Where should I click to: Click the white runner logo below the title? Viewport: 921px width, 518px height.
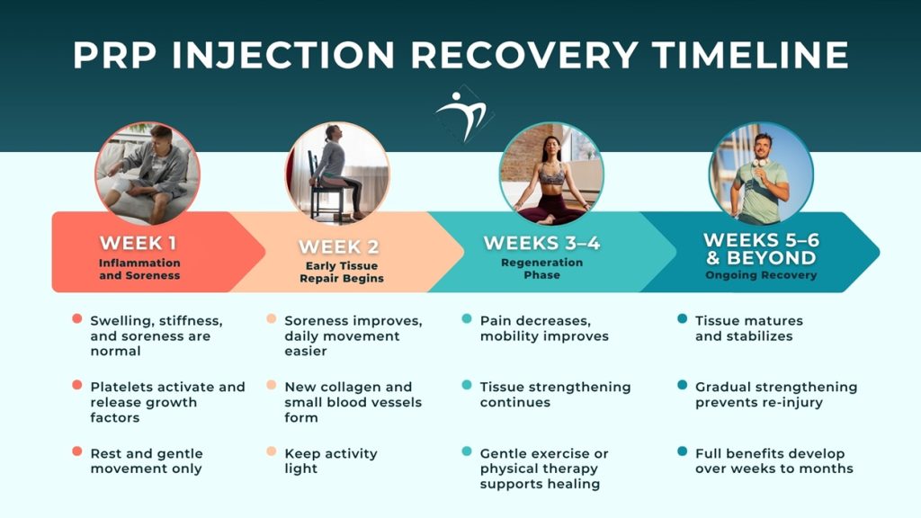pos(461,114)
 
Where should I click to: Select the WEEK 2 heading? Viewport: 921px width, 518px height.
pos(339,246)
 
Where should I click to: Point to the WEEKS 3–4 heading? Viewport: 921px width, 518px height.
pos(541,243)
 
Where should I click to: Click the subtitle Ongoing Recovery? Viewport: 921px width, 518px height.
pos(761,275)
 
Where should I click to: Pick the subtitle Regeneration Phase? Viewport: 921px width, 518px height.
pos(541,269)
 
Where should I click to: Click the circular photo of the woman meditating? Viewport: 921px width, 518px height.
pos(551,173)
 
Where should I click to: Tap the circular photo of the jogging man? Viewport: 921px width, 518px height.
pos(761,173)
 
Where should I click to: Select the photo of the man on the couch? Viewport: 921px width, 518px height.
pos(148,173)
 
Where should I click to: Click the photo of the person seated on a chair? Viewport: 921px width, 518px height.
pos(337,173)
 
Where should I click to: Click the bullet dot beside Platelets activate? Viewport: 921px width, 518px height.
pos(77,386)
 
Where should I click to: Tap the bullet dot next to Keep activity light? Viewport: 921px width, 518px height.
pos(272,452)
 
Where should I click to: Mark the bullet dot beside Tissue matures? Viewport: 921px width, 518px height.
pos(682,319)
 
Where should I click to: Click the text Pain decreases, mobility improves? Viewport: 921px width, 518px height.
pos(544,328)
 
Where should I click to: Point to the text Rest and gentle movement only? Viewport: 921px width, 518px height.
pos(147,460)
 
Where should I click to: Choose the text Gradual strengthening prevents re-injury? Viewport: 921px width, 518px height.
pos(775,394)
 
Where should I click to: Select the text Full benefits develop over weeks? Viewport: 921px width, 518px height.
pos(773,460)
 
